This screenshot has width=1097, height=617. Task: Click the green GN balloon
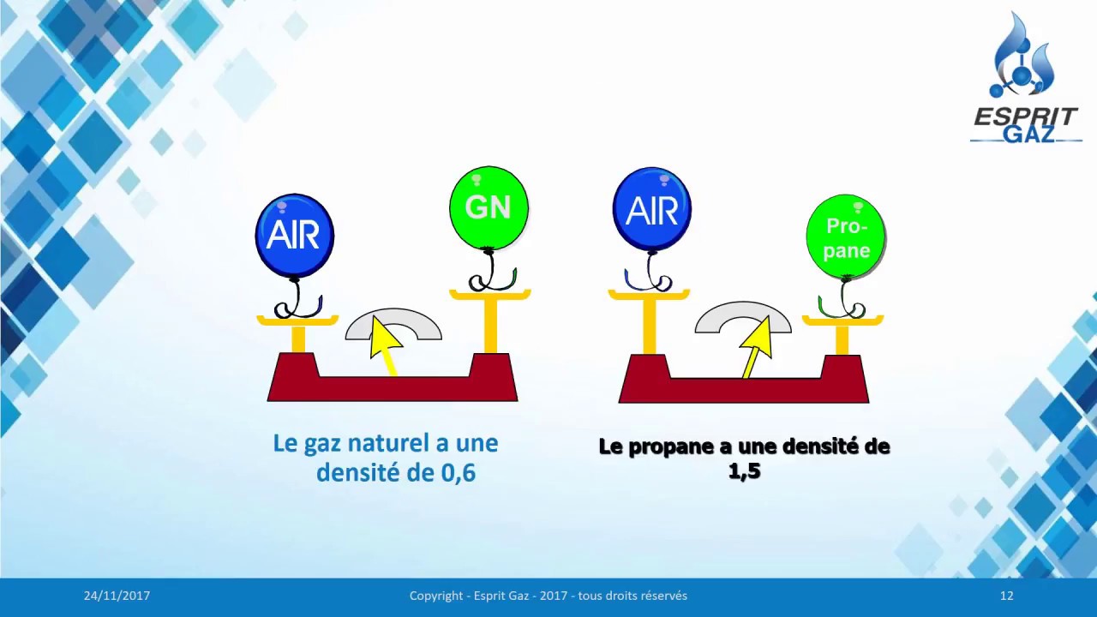pos(489,208)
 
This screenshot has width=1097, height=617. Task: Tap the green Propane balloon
pos(846,237)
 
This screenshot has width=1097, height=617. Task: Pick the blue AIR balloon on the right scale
pos(651,210)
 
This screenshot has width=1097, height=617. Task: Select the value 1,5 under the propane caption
pos(744,470)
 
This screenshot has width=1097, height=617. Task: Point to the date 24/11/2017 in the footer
pos(117,596)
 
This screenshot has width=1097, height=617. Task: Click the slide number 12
pos(1006,596)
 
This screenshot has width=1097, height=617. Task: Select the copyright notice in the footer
pos(548,596)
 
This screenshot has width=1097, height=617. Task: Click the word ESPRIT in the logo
pos(1025,117)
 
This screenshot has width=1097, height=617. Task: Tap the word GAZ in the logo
pos(1028,135)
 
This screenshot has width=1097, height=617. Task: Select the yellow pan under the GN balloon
pos(490,296)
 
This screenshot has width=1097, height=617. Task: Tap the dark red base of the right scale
pos(743,390)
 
